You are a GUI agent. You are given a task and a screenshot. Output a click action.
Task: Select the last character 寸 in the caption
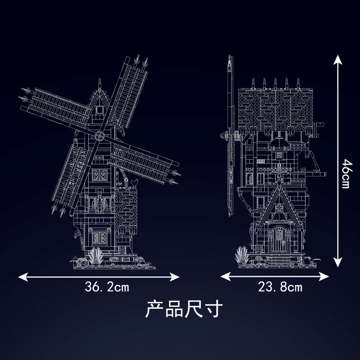(x=214, y=309)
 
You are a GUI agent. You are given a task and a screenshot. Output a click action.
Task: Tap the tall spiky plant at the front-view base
(x=96, y=256)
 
